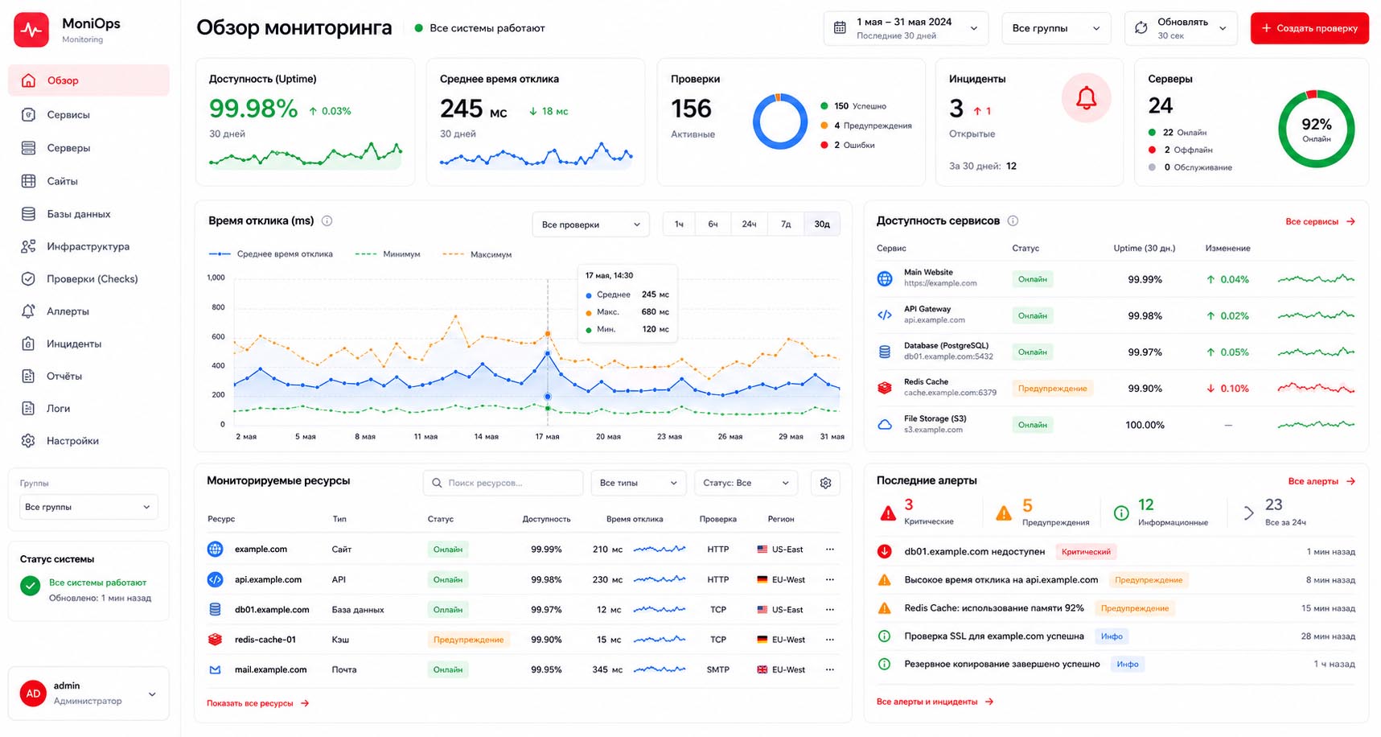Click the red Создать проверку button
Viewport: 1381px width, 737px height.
(1309, 28)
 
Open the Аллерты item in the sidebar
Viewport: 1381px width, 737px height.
(68, 311)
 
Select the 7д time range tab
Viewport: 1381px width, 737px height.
(786, 224)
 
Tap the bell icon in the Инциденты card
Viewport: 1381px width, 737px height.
(1086, 98)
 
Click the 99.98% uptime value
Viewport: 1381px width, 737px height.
(253, 109)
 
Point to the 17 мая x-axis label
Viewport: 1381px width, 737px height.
(547, 437)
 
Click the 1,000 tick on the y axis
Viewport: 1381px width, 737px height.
(216, 278)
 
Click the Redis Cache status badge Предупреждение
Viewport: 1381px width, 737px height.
(1052, 389)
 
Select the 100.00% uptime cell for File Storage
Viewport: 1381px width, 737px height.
(1145, 425)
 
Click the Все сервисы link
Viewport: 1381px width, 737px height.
(1312, 221)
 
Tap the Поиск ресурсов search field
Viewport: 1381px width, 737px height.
(503, 483)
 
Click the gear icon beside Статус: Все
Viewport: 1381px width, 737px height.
(825, 483)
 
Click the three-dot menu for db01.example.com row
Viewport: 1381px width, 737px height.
(829, 609)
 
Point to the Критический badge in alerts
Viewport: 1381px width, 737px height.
(1086, 552)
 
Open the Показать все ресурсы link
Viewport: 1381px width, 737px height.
(250, 703)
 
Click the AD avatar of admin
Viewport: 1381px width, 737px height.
(33, 693)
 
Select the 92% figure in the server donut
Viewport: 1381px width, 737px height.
(1317, 124)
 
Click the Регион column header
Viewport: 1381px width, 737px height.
(780, 519)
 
